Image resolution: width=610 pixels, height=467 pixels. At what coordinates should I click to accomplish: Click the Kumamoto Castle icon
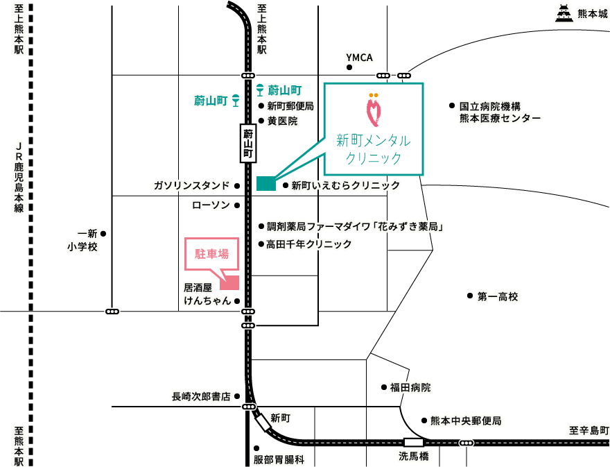tap(564, 13)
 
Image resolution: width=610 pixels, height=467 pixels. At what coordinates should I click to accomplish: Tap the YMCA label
tap(359, 58)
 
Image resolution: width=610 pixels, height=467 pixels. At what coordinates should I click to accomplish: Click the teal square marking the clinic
tap(266, 183)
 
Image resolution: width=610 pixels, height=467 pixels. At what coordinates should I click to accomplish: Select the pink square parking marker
tap(229, 282)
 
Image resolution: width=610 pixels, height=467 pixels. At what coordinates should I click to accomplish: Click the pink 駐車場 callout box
tap(211, 254)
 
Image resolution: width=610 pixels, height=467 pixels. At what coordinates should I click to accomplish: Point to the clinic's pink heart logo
tap(374, 110)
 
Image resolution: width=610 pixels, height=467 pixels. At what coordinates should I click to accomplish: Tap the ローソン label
tap(210, 205)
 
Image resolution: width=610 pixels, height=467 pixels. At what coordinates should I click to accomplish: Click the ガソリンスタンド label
tap(191, 185)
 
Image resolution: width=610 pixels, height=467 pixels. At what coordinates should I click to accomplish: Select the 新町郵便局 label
tap(290, 106)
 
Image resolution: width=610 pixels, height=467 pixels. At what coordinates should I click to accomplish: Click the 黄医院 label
tap(282, 121)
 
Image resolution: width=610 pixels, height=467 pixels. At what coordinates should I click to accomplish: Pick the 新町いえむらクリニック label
tap(345, 185)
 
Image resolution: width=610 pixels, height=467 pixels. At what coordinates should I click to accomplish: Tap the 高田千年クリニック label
tap(308, 244)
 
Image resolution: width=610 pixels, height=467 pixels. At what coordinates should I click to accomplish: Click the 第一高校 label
tap(497, 297)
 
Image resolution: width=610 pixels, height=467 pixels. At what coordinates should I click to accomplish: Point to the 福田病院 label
tap(410, 387)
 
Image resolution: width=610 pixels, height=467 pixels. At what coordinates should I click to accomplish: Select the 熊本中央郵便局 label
tap(465, 421)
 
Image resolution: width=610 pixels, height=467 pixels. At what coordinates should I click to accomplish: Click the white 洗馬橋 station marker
tap(414, 442)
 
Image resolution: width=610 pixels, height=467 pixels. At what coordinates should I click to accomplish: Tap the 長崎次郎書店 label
tap(201, 397)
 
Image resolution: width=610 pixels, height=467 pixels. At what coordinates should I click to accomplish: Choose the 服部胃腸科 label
tap(279, 459)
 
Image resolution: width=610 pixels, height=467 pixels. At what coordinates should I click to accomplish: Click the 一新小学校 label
tap(82, 240)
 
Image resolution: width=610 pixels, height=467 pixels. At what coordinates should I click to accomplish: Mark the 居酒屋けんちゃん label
tap(207, 294)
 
